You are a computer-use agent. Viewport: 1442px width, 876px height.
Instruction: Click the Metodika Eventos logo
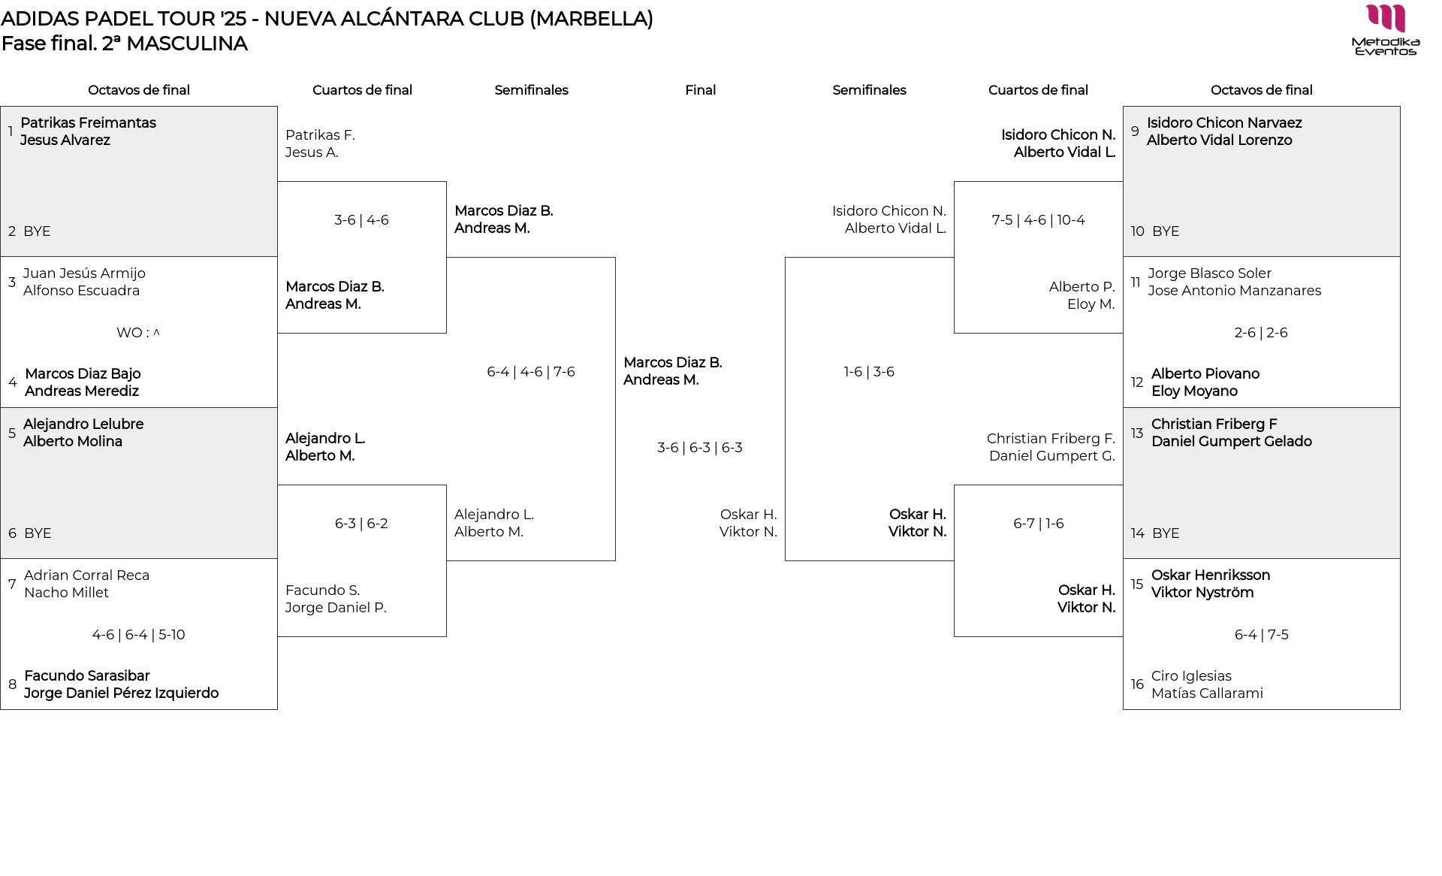[x=1386, y=30]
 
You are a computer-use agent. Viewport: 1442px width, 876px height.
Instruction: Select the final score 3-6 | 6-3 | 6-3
[x=699, y=448]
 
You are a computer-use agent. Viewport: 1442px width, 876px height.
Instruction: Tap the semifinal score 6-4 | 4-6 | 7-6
[x=530, y=372]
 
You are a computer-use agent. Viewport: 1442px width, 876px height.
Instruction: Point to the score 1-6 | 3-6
[x=869, y=372]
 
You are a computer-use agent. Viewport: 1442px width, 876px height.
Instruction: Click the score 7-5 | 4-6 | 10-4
[x=1038, y=220]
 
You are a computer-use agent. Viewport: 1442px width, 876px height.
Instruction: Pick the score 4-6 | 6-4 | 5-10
[x=138, y=635]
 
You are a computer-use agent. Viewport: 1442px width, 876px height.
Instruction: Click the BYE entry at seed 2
[x=37, y=231]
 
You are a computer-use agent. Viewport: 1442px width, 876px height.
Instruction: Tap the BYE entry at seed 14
[x=1166, y=533]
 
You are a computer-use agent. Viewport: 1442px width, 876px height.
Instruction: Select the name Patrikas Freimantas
[x=88, y=122]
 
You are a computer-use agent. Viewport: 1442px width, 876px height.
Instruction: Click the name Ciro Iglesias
[x=1191, y=676]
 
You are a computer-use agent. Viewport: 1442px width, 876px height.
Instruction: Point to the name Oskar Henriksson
[x=1210, y=575]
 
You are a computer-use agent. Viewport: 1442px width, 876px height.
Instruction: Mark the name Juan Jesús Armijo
[x=84, y=273]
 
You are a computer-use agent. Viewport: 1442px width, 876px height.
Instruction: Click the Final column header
[x=700, y=90]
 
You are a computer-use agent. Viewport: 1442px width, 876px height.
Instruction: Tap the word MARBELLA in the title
[x=591, y=19]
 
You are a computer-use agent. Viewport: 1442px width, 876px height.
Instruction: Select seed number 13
[x=1137, y=433]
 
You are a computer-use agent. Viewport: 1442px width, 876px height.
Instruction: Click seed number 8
[x=12, y=684]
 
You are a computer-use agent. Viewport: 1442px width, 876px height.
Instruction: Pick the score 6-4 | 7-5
[x=1261, y=635]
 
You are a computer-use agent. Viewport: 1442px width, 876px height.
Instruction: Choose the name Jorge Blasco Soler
[x=1209, y=273]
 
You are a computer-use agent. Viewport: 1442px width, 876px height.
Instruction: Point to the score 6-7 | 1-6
[x=1038, y=524]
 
